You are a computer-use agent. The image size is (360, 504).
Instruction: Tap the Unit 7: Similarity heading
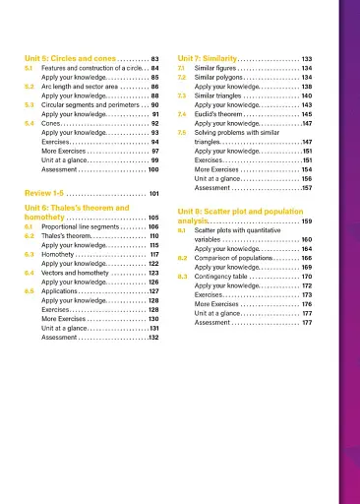210,57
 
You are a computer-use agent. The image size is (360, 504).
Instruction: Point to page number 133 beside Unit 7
307,57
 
